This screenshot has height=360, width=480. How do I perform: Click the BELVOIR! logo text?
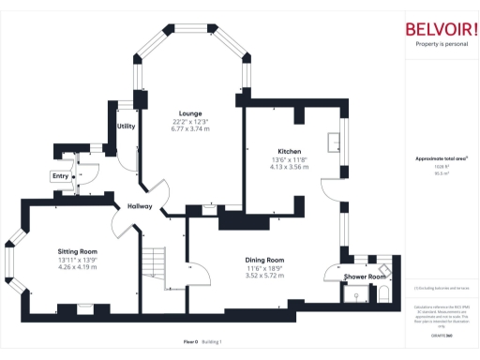[x=441, y=28]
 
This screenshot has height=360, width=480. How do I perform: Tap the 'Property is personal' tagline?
[x=441, y=45]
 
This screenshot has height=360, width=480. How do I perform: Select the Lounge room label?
[x=190, y=112]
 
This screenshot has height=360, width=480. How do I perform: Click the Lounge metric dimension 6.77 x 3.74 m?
[x=190, y=128]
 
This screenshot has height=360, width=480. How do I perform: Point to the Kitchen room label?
[x=289, y=151]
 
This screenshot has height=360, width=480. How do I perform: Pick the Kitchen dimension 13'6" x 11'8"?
[x=289, y=159]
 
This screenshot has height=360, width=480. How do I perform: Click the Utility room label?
[x=126, y=126]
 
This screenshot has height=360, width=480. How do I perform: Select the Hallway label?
[x=140, y=206]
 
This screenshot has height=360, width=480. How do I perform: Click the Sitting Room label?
[x=78, y=252]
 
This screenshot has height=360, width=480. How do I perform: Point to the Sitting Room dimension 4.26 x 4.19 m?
[x=78, y=268]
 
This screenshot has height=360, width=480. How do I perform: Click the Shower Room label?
[x=365, y=277]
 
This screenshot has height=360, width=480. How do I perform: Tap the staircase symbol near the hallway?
[x=153, y=263]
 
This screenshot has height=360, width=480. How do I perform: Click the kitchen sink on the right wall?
[x=333, y=142]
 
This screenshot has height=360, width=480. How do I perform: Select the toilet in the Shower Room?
[x=382, y=294]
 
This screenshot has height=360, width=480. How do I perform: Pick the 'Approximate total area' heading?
[x=442, y=158]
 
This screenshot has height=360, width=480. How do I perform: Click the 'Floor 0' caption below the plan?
[x=189, y=342]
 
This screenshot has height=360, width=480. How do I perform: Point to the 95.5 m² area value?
[x=441, y=173]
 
